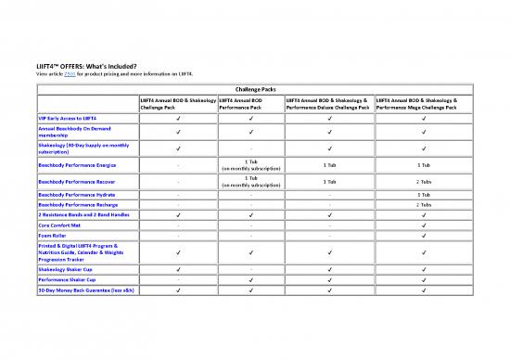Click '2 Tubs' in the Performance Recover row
coord(423,181)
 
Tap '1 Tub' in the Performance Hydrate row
coord(423,195)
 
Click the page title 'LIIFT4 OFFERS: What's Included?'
coord(87,65)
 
